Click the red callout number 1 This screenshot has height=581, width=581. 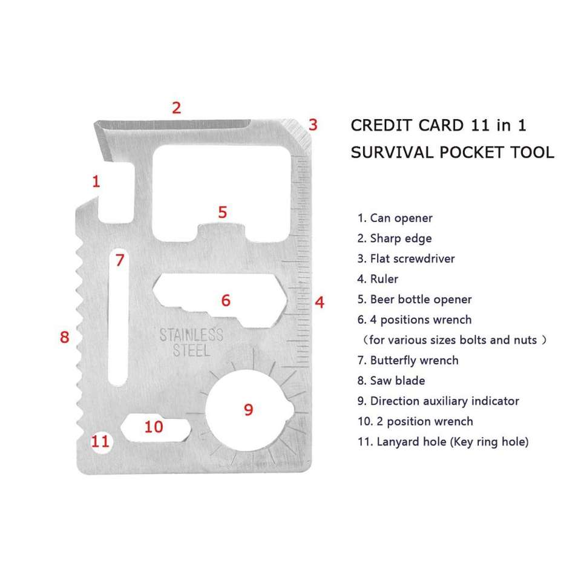(95, 180)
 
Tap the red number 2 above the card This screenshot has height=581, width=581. (176, 108)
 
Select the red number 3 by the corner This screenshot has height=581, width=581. (312, 125)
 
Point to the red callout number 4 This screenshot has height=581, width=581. (320, 301)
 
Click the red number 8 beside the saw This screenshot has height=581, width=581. (65, 337)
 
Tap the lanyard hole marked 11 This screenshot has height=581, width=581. (100, 441)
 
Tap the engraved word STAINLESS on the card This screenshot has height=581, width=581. (191, 335)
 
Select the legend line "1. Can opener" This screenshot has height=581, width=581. (395, 218)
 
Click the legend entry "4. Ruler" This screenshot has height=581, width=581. (378, 279)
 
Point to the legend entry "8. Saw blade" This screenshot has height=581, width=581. (391, 381)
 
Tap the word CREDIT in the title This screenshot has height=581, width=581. (379, 126)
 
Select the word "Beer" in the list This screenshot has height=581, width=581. (384, 299)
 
